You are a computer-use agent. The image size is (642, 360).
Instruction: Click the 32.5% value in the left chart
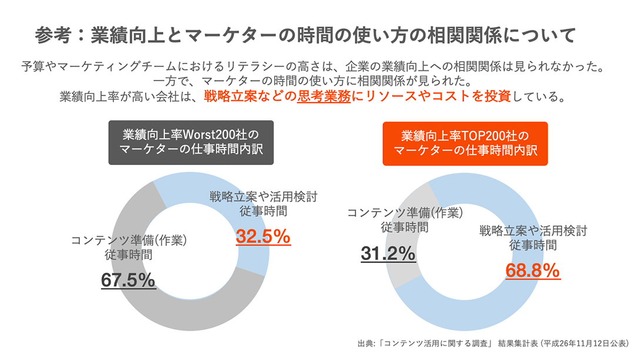coord(263,237)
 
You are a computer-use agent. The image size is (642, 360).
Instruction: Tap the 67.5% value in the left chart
coord(128,280)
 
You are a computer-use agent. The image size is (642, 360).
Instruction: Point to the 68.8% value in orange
coord(533,271)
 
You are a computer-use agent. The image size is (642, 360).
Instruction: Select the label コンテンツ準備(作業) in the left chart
coord(129,241)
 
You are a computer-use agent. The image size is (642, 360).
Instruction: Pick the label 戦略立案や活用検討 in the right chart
coord(532,231)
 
